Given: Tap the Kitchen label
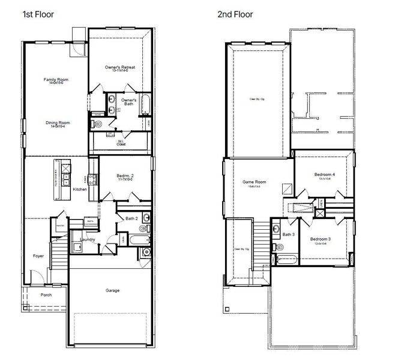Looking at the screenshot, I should [x=80, y=190].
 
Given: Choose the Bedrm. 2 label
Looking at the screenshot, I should [x=125, y=176].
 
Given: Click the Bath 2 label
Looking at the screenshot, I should [x=132, y=218].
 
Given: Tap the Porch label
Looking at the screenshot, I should [x=46, y=295].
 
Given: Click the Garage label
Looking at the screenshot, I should [x=112, y=290].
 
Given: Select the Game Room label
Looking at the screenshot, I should [x=254, y=182].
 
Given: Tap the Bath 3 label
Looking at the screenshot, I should [x=288, y=234].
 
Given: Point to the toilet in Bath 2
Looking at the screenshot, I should [x=144, y=229].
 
